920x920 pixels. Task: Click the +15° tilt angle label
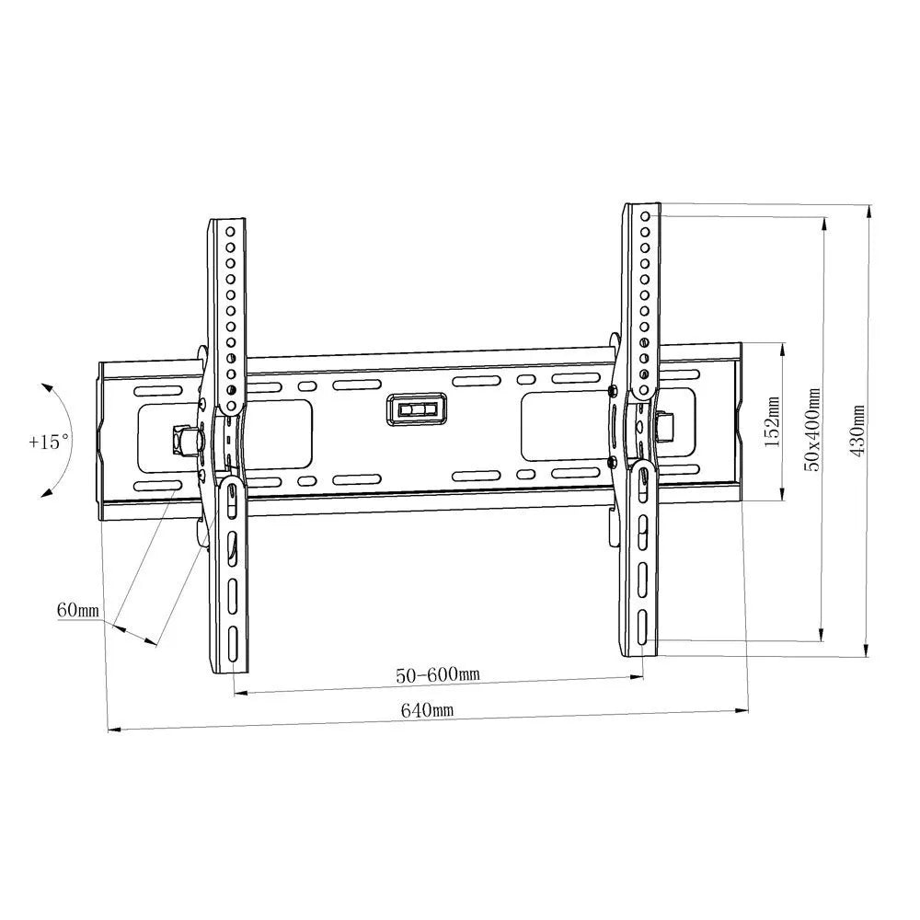pyautogui.click(x=49, y=442)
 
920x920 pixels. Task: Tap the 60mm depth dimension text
pyautogui.click(x=77, y=609)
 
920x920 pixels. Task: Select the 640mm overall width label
pyautogui.click(x=427, y=710)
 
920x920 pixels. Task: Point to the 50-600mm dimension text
pyautogui.click(x=438, y=674)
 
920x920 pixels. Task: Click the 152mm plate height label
pyautogui.click(x=772, y=422)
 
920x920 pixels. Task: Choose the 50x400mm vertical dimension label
pyautogui.click(x=812, y=429)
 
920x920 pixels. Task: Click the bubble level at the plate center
pyautogui.click(x=415, y=409)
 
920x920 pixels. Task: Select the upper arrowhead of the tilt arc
pyautogui.click(x=46, y=389)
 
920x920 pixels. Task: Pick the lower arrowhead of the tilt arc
pyautogui.click(x=43, y=494)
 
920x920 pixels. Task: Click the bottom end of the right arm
pyautogui.click(x=641, y=651)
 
